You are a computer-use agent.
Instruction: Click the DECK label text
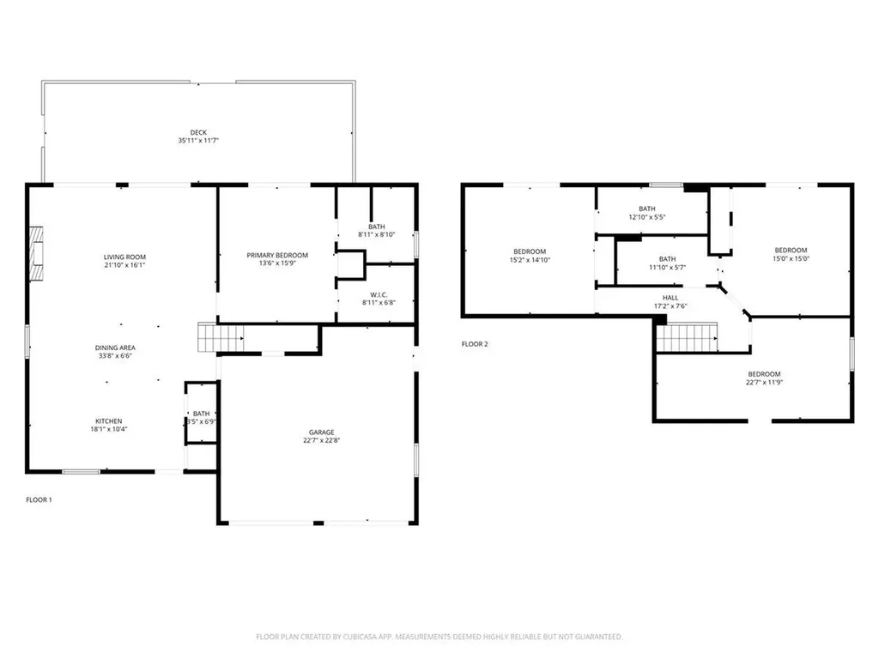(x=198, y=132)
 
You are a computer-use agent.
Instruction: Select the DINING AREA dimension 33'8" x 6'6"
(x=115, y=356)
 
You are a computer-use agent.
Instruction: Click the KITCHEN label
(x=108, y=421)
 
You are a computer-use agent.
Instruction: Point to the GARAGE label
(x=322, y=432)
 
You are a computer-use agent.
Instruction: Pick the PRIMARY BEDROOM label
(x=277, y=256)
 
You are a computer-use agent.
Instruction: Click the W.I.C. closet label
(x=376, y=292)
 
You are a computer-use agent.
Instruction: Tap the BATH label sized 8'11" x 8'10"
(x=376, y=227)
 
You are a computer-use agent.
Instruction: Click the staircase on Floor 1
(x=210, y=337)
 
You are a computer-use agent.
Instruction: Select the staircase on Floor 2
(x=686, y=337)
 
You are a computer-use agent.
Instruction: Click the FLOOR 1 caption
(x=39, y=499)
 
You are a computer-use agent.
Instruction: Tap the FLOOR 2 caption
(x=475, y=344)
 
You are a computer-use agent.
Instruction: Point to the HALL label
(x=670, y=298)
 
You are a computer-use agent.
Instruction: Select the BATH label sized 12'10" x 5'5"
(x=647, y=209)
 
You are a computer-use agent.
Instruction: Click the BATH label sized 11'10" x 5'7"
(x=667, y=259)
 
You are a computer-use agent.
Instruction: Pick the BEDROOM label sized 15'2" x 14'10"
(x=529, y=251)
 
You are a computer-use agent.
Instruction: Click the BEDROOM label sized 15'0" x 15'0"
(x=791, y=251)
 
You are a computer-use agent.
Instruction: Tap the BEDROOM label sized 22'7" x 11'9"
(x=764, y=374)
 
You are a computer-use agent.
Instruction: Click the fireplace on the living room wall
(x=35, y=254)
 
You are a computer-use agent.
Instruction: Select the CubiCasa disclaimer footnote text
(x=439, y=637)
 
